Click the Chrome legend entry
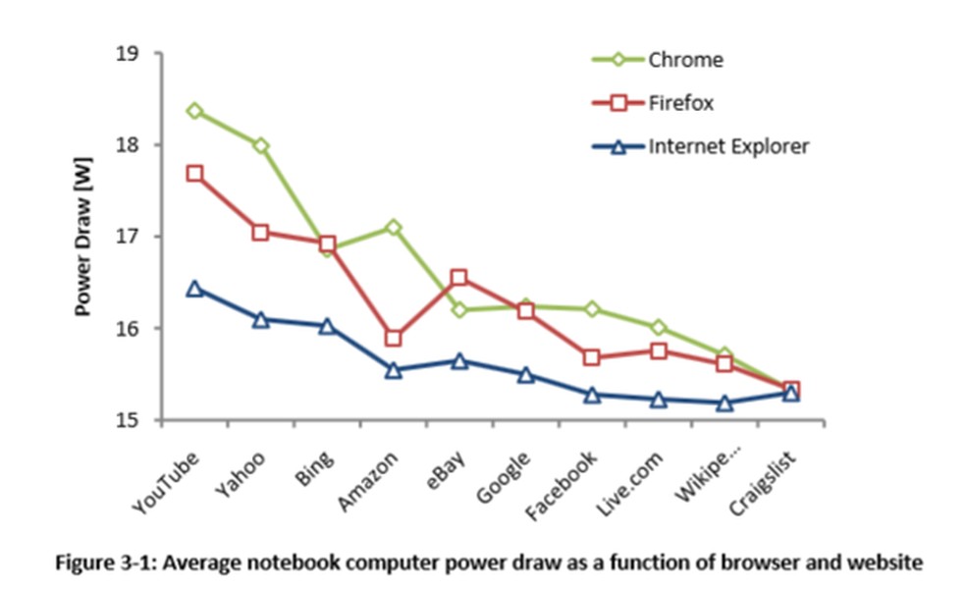685,60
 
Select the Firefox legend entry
679,103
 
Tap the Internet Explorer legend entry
727,146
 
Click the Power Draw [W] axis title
84,238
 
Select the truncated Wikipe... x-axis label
700,479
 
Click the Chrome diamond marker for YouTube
194,111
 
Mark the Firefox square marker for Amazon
393,338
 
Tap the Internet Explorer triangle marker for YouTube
194,289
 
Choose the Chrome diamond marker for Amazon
393,228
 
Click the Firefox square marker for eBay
458,278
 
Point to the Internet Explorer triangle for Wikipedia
724,403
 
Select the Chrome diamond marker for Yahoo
260,145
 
